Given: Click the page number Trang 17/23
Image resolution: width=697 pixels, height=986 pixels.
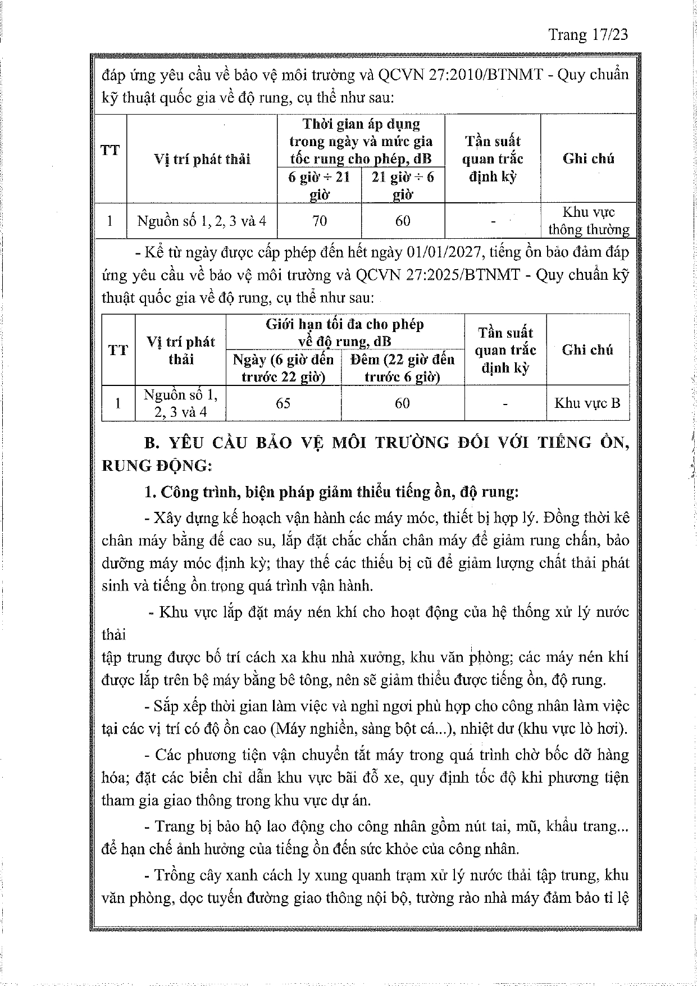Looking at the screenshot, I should click(x=588, y=35).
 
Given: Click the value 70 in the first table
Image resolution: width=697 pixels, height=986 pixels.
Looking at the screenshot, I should click(x=319, y=221).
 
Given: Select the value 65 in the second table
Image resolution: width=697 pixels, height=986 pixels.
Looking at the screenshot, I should click(x=283, y=403).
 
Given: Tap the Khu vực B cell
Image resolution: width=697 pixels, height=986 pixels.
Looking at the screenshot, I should click(x=587, y=403).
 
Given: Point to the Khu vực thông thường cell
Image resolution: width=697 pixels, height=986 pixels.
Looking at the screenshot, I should click(x=589, y=221).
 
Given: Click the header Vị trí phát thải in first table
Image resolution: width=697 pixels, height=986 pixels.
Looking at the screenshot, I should click(x=202, y=159).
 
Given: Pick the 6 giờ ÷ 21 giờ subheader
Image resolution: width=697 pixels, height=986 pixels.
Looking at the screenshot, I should click(x=319, y=186).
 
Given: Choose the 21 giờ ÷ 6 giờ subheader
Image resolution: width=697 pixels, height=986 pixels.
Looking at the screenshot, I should click(x=403, y=186).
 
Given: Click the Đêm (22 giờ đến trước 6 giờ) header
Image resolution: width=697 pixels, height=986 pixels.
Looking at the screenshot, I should click(x=402, y=368).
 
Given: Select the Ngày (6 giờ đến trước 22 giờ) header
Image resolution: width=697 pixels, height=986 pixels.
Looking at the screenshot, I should click(x=283, y=368).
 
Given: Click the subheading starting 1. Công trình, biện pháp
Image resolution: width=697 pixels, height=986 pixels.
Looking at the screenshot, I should click(x=331, y=492).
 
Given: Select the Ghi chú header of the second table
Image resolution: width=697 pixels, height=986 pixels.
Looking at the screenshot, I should click(x=587, y=349).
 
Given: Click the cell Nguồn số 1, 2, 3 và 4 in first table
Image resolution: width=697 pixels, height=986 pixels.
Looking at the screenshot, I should click(x=202, y=221).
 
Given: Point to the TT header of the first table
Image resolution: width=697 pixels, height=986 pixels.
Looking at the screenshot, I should click(x=110, y=150).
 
